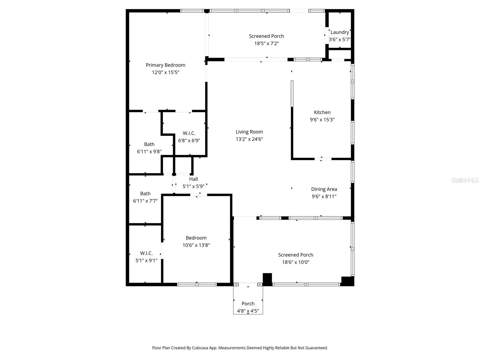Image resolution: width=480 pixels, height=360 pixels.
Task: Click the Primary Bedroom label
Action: (x=165, y=65)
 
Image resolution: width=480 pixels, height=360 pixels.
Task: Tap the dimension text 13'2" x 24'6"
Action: (x=249, y=139)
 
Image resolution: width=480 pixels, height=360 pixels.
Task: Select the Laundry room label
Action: (x=340, y=32)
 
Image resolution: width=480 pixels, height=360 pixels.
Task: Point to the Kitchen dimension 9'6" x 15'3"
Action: (x=322, y=119)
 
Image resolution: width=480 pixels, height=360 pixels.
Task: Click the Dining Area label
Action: (x=324, y=189)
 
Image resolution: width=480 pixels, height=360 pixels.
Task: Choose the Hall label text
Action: (x=193, y=179)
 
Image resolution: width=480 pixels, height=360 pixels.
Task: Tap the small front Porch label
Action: (x=248, y=304)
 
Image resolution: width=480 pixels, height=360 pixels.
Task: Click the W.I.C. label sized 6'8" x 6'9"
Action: (x=189, y=133)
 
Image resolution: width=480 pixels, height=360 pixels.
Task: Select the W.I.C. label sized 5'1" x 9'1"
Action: (x=146, y=253)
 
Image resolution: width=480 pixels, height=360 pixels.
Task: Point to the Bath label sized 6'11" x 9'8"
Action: (x=149, y=144)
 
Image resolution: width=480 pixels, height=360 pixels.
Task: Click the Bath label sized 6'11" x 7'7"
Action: (x=145, y=193)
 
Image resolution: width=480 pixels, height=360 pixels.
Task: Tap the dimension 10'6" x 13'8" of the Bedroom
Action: (x=196, y=245)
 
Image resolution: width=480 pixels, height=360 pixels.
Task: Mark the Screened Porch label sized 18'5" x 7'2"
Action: (x=266, y=36)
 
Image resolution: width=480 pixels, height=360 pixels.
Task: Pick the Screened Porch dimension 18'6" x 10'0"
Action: (x=295, y=262)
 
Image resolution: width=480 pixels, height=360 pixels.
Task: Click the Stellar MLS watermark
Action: (x=465, y=180)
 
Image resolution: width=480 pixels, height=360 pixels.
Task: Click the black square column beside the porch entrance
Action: (x=267, y=279)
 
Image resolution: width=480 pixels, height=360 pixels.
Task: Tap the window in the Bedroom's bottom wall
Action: (x=197, y=284)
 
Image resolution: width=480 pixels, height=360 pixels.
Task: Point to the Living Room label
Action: (x=249, y=132)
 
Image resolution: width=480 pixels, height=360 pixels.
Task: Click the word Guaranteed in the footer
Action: (x=316, y=348)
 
